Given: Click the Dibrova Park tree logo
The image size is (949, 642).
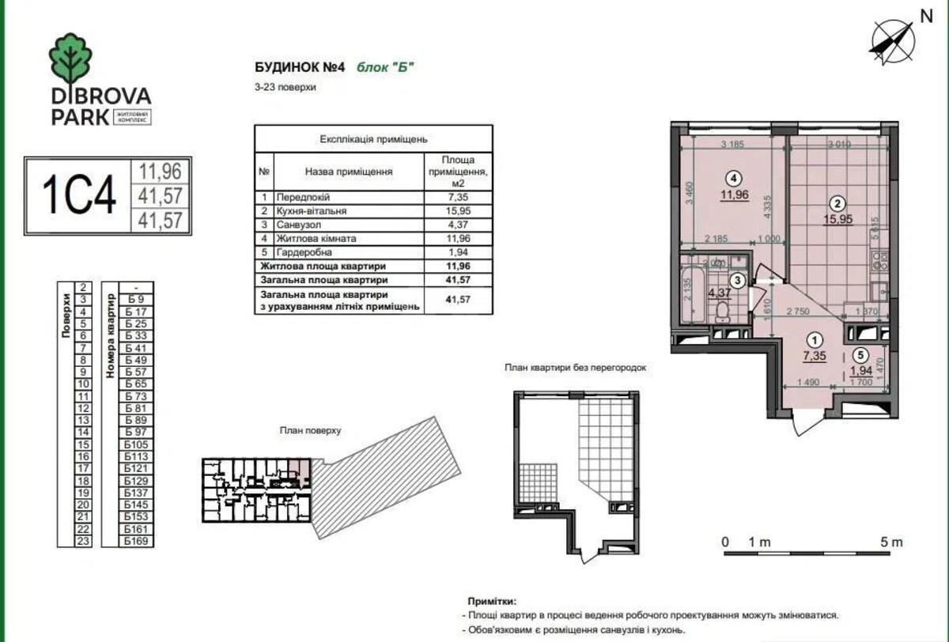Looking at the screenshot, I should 70,59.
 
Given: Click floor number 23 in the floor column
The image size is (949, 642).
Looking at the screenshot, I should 82,542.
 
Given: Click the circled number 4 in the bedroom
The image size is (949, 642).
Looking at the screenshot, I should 735,178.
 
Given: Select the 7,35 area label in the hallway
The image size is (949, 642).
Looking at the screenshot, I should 815,356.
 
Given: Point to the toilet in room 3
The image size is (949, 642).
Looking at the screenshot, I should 721,314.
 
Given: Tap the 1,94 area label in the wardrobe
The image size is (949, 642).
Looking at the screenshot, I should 861,370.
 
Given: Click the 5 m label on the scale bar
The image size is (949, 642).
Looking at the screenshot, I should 891,542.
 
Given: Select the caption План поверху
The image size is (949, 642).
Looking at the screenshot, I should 309,431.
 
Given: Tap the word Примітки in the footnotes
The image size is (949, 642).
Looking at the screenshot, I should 494,602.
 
